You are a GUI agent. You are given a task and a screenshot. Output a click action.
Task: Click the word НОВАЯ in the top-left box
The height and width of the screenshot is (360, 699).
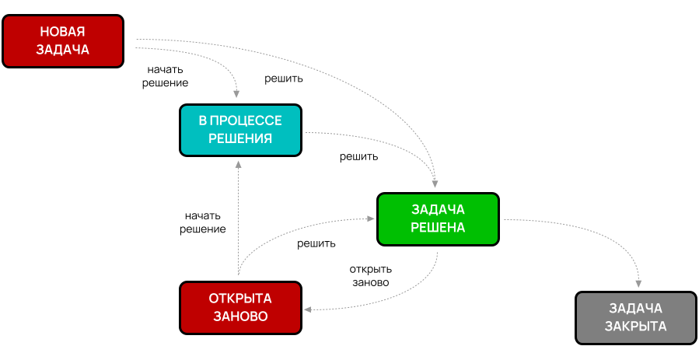coord(63,32)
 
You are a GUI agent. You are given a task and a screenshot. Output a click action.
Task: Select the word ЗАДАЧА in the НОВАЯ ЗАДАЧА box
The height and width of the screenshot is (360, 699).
coord(63,50)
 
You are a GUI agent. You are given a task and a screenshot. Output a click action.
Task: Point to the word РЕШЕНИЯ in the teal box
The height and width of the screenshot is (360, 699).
coord(240,139)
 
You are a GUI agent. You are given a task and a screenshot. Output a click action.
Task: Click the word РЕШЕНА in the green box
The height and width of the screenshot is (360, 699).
coord(438,228)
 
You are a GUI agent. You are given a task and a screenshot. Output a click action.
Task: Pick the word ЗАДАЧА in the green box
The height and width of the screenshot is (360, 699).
coord(438,210)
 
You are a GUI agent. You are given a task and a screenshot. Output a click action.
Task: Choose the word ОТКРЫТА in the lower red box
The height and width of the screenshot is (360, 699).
coord(240,299)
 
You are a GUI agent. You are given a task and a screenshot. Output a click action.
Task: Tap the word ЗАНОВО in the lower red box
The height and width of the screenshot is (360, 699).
coord(240,316)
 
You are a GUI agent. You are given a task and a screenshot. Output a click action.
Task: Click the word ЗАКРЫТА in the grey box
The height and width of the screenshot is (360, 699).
coord(636,327)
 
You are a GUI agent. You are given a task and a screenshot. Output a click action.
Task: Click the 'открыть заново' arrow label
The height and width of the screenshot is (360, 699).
coord(370,276)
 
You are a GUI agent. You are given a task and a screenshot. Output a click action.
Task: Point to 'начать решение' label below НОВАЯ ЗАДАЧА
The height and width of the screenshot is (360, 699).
coord(166,75)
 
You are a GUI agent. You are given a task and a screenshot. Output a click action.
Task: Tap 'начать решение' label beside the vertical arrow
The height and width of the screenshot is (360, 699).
coord(203,222)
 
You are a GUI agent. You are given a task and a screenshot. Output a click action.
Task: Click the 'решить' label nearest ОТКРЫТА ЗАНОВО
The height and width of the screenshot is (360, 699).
coord(316,243)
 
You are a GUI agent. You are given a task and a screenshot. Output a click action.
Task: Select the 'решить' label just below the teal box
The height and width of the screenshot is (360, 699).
coord(359,156)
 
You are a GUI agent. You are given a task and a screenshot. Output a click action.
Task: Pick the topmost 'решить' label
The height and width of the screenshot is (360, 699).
coord(284,79)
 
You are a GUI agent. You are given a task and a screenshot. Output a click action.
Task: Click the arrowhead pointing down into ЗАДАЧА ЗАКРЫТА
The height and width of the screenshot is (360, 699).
coord(639,285)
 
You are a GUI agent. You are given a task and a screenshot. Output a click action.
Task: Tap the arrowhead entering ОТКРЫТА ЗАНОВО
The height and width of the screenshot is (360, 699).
coord(308,310)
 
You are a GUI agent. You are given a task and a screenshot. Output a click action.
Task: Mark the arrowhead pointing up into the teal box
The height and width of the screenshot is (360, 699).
coord(239,164)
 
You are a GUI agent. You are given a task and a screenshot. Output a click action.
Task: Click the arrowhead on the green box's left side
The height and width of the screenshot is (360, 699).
coord(372,219)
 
